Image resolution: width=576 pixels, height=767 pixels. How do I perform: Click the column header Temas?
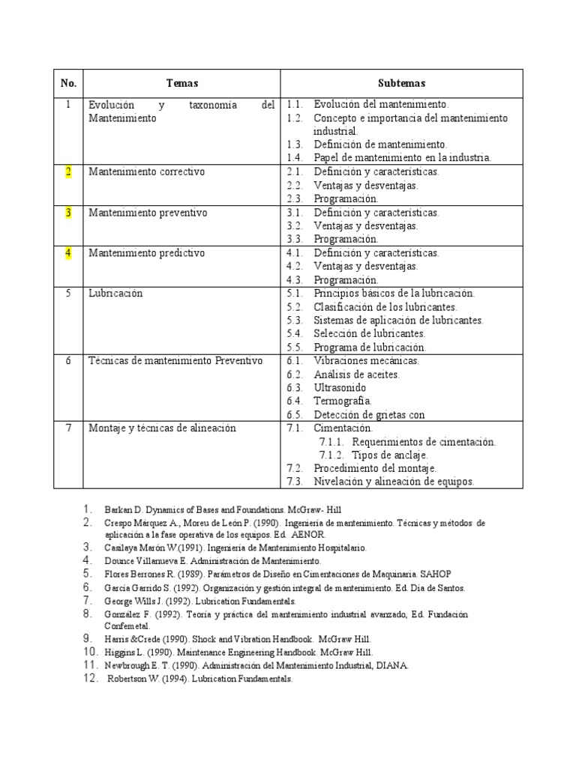coord(181,83)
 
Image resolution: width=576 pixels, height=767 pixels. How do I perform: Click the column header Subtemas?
coord(401,83)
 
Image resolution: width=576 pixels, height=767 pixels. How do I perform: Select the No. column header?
coord(68,83)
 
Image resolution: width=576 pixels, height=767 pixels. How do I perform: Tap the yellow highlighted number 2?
coord(68,172)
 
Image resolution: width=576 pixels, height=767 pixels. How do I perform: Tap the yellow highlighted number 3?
coord(68,213)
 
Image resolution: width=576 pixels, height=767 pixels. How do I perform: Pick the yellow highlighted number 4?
coord(68,253)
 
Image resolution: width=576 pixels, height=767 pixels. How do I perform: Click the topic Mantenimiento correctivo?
coord(146,172)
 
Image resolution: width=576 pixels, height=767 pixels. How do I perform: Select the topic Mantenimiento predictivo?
coord(146,253)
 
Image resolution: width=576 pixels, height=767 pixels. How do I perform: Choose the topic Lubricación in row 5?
coord(115,294)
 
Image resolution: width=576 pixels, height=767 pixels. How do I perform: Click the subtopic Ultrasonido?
coord(340,388)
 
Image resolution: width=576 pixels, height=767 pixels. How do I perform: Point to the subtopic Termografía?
coord(343,401)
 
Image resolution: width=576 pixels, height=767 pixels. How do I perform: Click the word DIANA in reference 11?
coord(391,665)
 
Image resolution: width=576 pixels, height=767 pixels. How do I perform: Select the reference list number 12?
coord(90,678)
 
